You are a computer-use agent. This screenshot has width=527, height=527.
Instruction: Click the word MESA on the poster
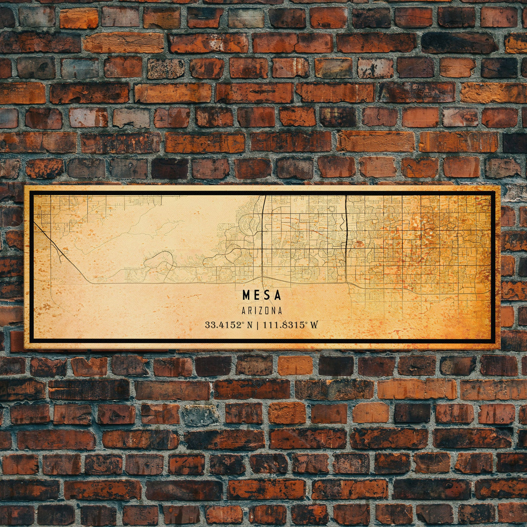click(262, 296)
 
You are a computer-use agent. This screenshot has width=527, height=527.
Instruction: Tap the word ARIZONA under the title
click(262, 311)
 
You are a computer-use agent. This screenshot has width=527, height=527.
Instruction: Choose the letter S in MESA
click(267, 296)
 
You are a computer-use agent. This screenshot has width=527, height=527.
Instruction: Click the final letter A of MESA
click(277, 296)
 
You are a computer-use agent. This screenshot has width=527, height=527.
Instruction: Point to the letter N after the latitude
click(250, 325)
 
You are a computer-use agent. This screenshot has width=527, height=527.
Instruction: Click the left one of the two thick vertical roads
click(263, 234)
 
